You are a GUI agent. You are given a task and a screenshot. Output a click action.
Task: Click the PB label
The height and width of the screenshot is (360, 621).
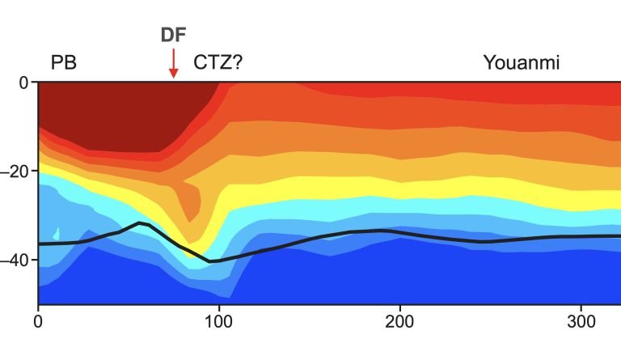coord(64,62)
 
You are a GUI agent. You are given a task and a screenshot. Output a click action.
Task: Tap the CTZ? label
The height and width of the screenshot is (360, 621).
coord(218,62)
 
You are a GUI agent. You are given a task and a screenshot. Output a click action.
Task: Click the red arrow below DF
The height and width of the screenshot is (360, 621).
coord(173,63)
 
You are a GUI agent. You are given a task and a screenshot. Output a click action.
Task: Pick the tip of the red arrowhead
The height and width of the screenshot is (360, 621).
coord(173,78)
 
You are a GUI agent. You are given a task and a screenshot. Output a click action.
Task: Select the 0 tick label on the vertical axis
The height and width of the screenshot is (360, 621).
coord(23,83)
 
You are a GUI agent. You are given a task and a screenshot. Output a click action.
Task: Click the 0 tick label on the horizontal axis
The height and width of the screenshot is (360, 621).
coord(39,320)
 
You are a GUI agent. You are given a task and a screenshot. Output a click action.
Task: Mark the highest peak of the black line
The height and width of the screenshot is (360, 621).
coord(141,222)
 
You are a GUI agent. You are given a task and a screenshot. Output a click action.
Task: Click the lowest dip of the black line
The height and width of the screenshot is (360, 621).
coord(210,261)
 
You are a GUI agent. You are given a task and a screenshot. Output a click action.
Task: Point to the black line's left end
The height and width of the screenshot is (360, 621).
coord(40,244)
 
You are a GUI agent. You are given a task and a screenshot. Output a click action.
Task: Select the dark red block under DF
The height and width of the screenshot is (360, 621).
coord(121,113)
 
